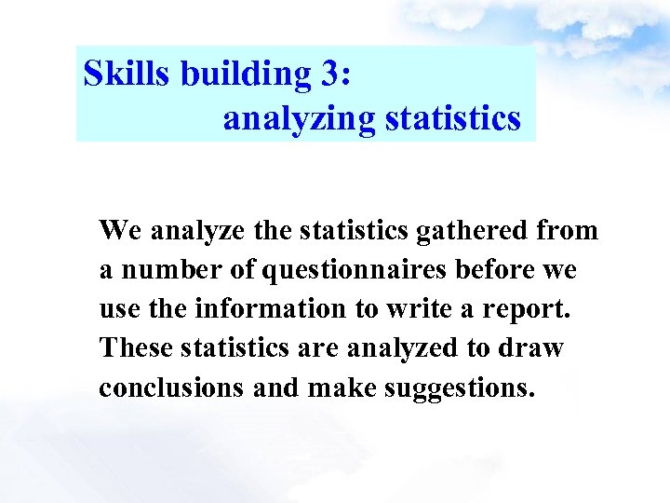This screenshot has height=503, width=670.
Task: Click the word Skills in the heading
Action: pos(126,74)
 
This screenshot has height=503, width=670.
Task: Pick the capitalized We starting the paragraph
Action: pos(119,230)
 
